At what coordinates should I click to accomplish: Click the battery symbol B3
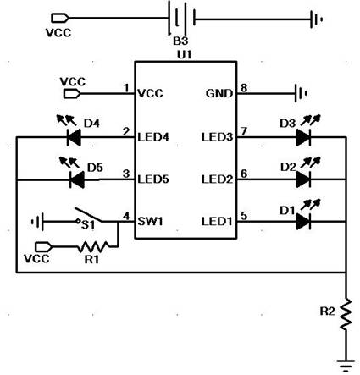coord(181,18)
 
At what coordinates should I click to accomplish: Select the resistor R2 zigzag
coord(346,315)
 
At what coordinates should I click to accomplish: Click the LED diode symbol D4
coord(74,137)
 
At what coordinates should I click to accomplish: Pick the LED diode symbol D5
coord(77,179)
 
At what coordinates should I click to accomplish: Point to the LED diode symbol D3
coord(303,137)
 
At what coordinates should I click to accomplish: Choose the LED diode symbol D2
coord(303,179)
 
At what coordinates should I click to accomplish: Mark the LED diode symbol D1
coord(303,222)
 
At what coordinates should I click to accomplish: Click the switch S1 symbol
coord(89,216)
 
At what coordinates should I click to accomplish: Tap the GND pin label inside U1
coord(219,93)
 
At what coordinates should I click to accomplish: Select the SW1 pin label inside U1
coord(150,222)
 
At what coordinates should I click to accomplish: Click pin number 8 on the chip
coord(244,88)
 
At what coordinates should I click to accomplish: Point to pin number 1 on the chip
coord(126,88)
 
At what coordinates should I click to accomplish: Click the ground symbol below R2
coord(346,366)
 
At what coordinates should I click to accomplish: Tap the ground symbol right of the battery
coord(317,19)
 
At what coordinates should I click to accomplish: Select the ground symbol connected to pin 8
coord(301,93)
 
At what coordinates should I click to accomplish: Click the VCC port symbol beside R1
coord(43,247)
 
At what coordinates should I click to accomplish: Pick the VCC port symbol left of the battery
coord(59,18)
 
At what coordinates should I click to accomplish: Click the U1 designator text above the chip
coord(184,55)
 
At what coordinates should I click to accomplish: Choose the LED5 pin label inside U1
coord(153,179)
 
